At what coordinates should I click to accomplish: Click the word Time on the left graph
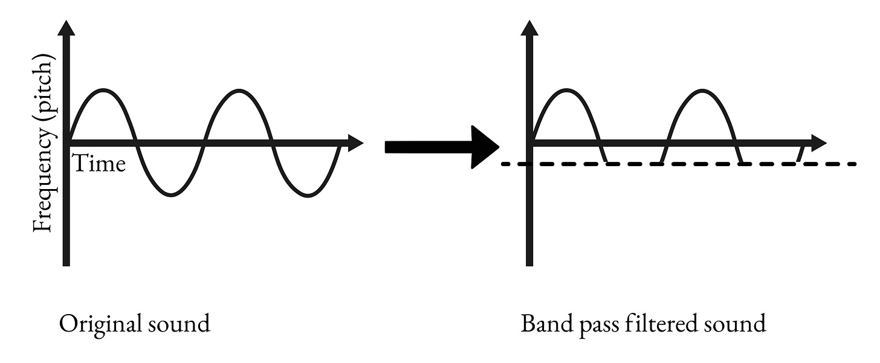point(99,163)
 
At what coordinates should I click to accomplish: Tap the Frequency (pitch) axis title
point(44,143)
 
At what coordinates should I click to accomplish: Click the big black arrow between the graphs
point(441,147)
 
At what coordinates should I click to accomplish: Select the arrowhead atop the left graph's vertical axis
point(66,27)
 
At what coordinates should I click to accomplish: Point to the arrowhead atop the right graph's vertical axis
point(529,27)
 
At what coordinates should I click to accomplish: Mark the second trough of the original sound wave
point(308,194)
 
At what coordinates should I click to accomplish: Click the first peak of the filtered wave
point(567,91)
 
